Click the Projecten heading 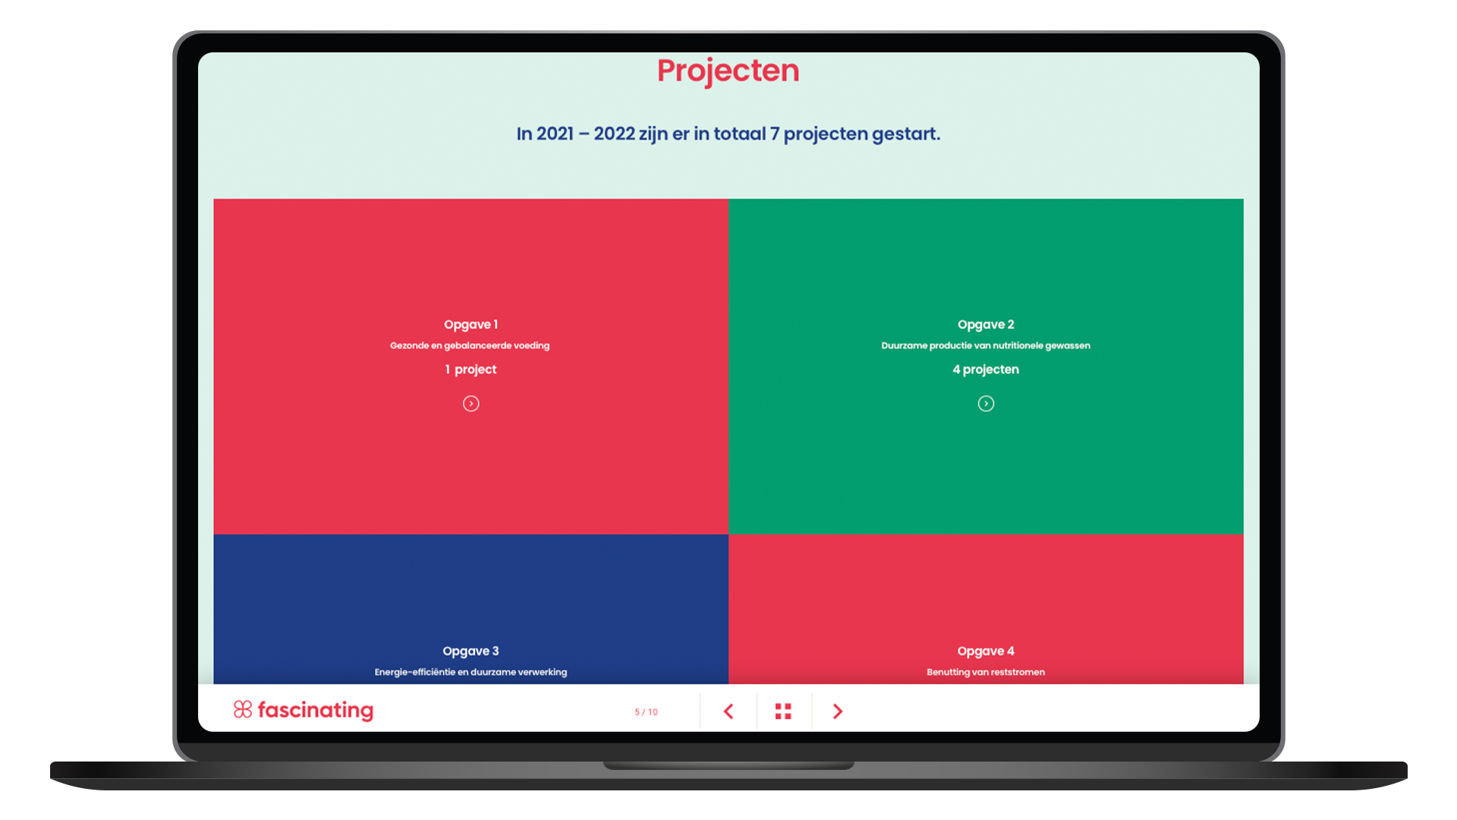coord(728,71)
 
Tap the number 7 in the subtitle coord(775,134)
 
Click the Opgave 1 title coord(470,324)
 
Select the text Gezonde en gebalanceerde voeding coord(470,345)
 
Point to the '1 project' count coord(470,369)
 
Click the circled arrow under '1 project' coord(471,403)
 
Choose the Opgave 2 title coord(986,324)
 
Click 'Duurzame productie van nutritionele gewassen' coord(986,345)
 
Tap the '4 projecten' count coord(986,369)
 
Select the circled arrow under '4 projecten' coord(986,403)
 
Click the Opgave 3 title coord(470,651)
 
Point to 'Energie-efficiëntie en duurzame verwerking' coord(470,672)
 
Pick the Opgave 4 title coord(986,651)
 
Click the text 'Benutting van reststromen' coord(986,672)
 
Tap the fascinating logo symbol coord(243,709)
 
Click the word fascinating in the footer coord(316,710)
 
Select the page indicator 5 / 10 coord(647,712)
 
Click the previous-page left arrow coord(728,711)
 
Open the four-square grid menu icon coord(783,711)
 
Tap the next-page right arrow coord(838,711)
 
